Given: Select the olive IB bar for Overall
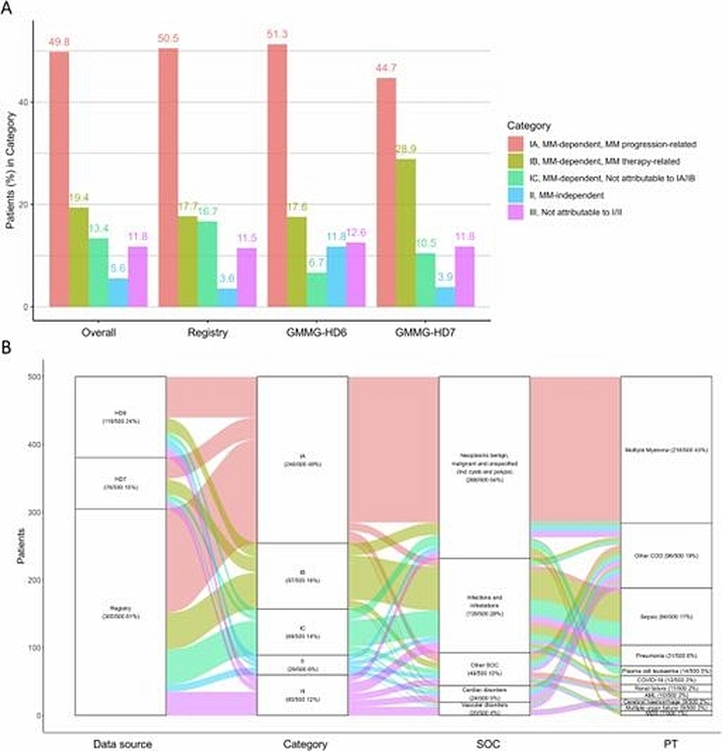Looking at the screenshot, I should [x=79, y=257].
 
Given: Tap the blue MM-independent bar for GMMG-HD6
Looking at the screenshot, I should [x=336, y=276].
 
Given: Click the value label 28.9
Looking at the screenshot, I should [x=406, y=149].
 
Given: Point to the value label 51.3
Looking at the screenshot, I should [x=277, y=34].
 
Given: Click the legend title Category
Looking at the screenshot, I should [x=528, y=126].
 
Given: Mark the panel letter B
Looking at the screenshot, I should [x=7, y=347].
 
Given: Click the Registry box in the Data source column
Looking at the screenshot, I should [x=120, y=612].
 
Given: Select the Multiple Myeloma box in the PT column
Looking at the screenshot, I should [x=666, y=450].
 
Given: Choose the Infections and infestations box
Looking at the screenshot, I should [x=484, y=605].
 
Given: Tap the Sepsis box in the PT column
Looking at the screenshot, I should [x=666, y=617].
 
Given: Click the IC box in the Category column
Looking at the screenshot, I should [x=302, y=632].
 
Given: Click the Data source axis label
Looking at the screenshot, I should [x=123, y=744].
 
